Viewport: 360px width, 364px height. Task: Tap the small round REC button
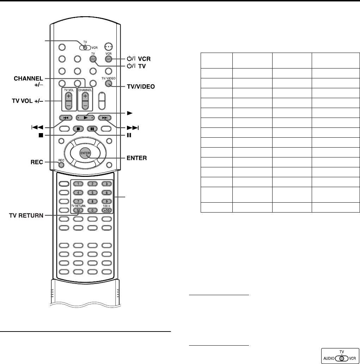click(x=61, y=164)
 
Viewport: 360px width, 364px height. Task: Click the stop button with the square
click(x=77, y=129)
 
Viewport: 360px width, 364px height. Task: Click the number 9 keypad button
click(x=106, y=202)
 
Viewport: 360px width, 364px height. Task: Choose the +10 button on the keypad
click(x=106, y=210)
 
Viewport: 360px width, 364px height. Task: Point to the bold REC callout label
click(x=36, y=162)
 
